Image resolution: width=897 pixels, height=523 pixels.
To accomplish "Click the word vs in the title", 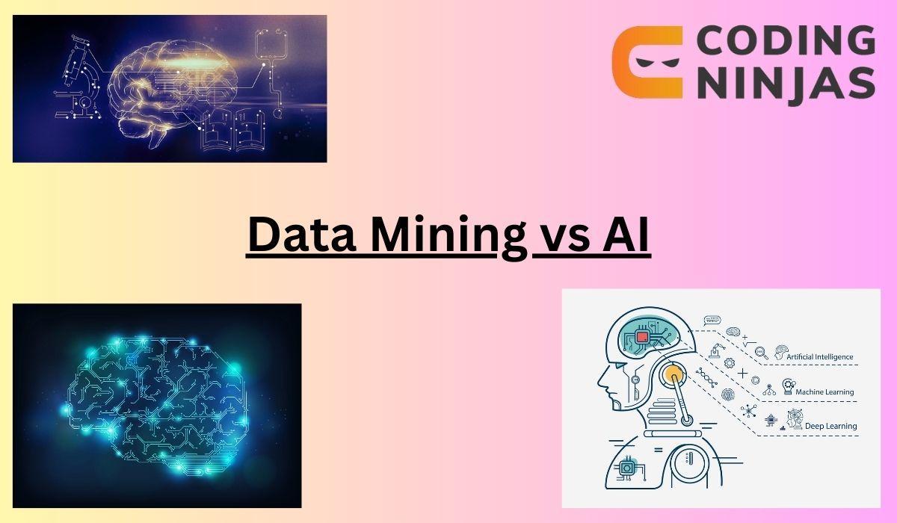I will [560, 236].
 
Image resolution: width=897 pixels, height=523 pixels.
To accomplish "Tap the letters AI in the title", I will [625, 235].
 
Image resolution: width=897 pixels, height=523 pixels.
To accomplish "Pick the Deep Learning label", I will [830, 426].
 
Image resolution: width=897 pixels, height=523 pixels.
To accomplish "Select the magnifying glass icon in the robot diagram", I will [762, 351].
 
